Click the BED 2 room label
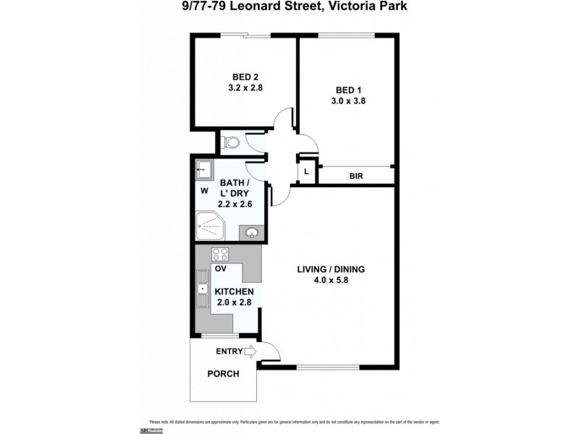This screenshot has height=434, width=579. coord(245,77)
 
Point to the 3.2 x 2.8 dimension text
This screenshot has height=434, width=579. coord(245,88)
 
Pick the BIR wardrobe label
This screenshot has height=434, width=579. coord(356,176)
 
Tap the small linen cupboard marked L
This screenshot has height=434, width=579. coord(307,171)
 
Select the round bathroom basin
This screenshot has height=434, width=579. coord(252,232)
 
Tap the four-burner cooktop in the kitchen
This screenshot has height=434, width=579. coord(220,254)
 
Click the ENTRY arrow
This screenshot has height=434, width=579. coord(251,352)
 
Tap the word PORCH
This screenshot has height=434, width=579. coord(223,374)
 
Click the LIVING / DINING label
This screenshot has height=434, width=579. coord(331,270)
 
